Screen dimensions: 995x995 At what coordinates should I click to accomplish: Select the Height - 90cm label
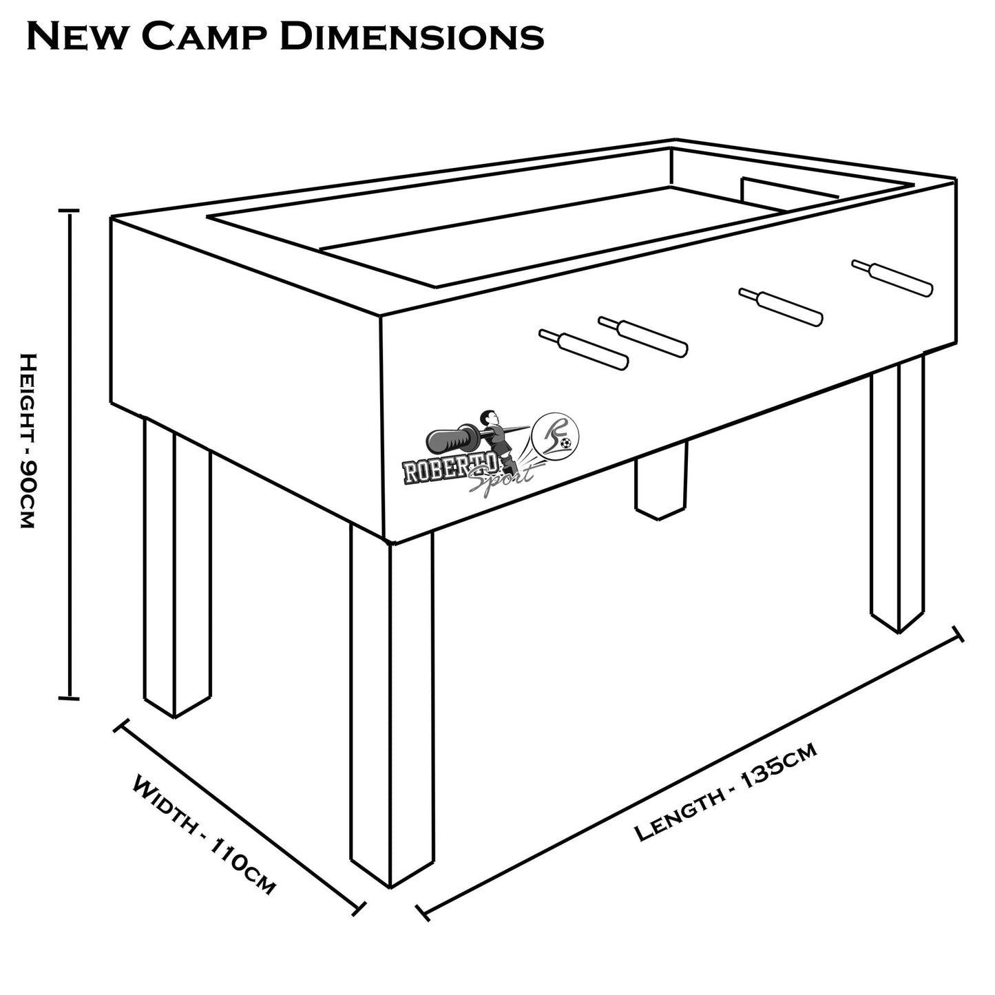(27, 441)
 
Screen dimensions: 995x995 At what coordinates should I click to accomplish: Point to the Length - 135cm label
(726, 792)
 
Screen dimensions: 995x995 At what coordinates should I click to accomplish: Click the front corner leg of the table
(392, 709)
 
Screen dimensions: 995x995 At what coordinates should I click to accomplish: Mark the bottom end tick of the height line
(69, 699)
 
